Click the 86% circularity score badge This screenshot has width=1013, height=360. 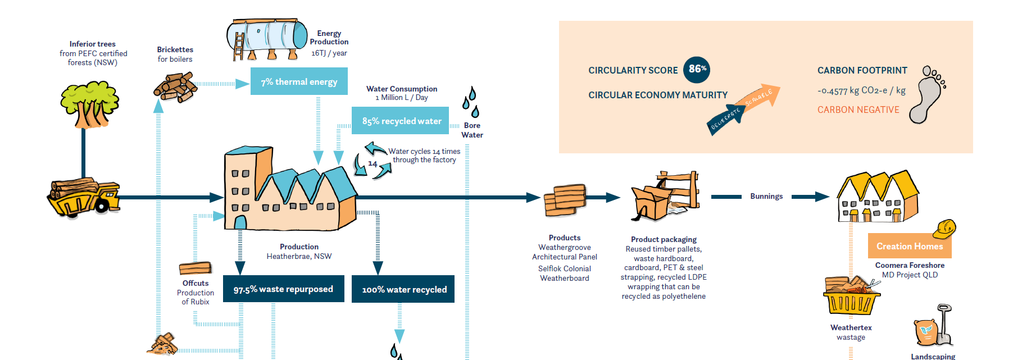pyautogui.click(x=697, y=70)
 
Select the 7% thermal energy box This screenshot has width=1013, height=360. pyautogui.click(x=299, y=81)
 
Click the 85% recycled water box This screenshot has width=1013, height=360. pyautogui.click(x=400, y=121)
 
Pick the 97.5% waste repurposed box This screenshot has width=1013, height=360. pyautogui.click(x=284, y=289)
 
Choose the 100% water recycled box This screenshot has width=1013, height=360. pyautogui.click(x=403, y=289)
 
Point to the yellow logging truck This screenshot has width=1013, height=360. pyautogui.click(x=84, y=198)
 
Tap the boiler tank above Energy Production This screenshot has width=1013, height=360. pyautogui.click(x=267, y=38)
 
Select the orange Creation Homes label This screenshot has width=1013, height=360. pyautogui.click(x=910, y=246)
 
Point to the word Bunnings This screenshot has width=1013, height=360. pyautogui.click(x=766, y=196)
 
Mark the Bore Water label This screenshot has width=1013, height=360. pyautogui.click(x=472, y=130)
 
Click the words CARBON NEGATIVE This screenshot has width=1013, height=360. pyautogui.click(x=858, y=110)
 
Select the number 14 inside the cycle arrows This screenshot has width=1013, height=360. pyautogui.click(x=373, y=164)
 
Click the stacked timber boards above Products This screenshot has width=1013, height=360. pyautogui.click(x=565, y=200)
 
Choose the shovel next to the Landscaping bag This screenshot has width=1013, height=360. pyautogui.click(x=944, y=325)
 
